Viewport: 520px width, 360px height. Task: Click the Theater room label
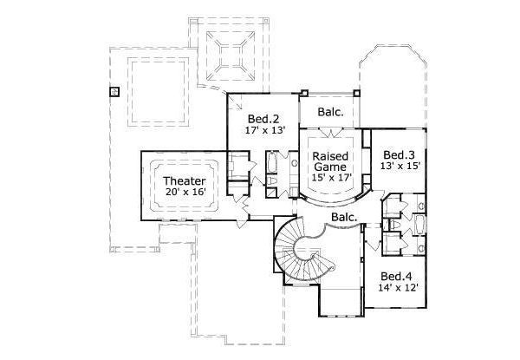184,181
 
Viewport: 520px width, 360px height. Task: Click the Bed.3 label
400,150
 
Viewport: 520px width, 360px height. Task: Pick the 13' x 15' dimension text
400,162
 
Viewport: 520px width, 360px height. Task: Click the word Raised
330,153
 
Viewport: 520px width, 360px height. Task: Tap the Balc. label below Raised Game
344,217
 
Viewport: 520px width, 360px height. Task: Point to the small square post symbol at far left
114,90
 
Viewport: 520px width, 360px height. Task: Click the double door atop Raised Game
330,133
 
